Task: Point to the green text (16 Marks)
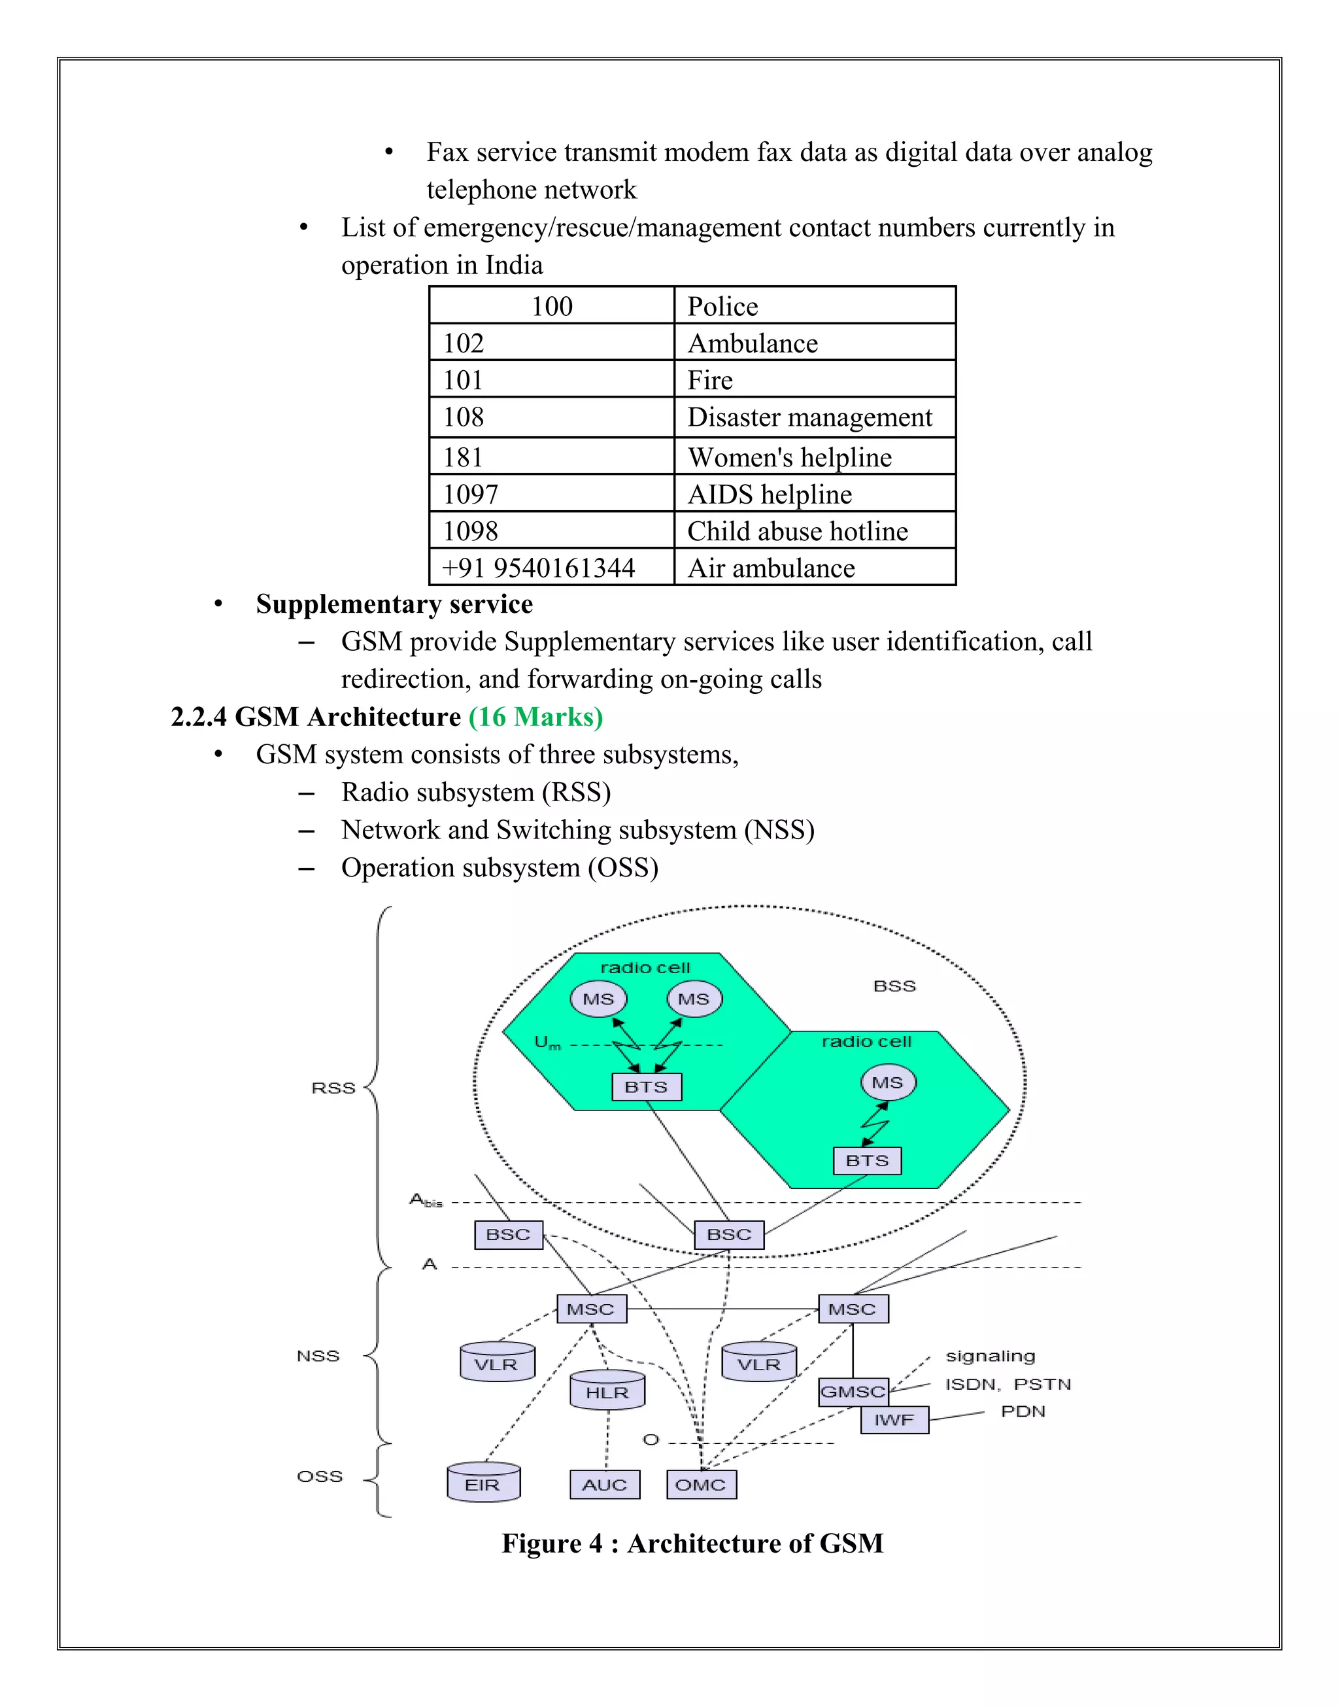coord(535,717)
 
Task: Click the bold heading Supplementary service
coord(394,604)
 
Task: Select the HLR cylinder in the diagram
coord(607,1392)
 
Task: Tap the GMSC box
coord(853,1392)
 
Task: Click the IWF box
coord(894,1420)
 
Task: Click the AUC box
coord(604,1485)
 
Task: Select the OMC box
coord(701,1485)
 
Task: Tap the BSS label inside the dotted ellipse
coord(894,986)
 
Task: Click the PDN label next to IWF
coord(1023,1411)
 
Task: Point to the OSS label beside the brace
coord(320,1477)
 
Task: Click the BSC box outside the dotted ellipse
coord(509,1234)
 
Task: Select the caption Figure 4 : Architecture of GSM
coord(692,1543)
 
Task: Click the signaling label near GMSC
coord(990,1356)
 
